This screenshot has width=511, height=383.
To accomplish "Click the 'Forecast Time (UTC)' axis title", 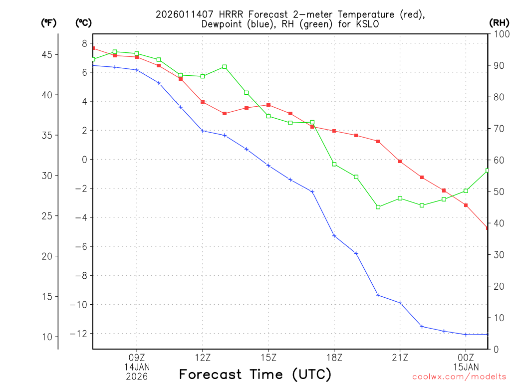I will [x=255, y=374].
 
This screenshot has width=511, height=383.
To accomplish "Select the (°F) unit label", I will [x=49, y=22].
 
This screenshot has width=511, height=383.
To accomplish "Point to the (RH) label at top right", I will [x=499, y=22].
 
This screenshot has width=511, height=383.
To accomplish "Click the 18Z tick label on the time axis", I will [x=334, y=357].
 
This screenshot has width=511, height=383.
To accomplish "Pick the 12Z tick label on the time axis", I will [x=203, y=357].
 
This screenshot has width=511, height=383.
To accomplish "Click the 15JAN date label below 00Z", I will [x=466, y=367].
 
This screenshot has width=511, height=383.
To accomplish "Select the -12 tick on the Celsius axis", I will [x=80, y=334].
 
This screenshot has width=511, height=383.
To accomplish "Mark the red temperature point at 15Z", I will [x=268, y=105].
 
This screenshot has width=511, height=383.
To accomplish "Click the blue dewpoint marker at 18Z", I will [x=334, y=236].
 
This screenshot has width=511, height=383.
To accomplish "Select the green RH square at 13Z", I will [x=225, y=67].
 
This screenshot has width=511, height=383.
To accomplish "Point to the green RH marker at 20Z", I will [x=378, y=207].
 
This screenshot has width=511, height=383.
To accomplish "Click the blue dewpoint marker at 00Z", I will [x=466, y=335].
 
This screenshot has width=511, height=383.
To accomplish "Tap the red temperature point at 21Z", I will [x=400, y=161].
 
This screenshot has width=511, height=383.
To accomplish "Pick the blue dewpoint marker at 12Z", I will [x=203, y=131].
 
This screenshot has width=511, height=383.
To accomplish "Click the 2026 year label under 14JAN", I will [x=137, y=376].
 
